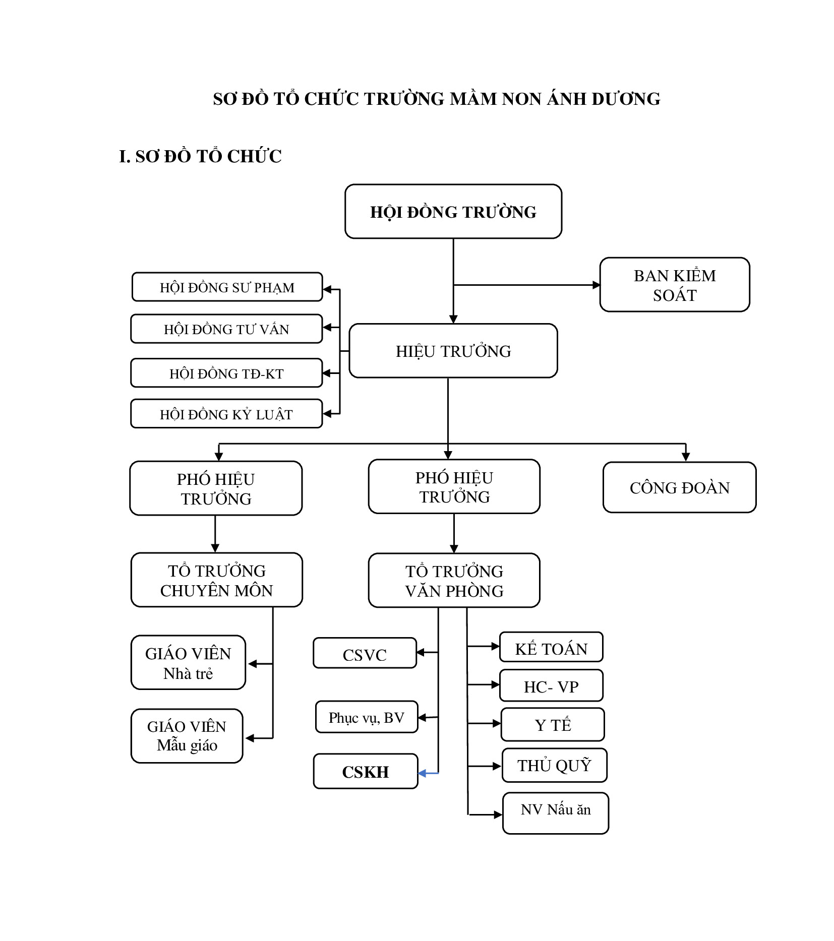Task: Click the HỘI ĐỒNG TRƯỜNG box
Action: pyautogui.click(x=453, y=211)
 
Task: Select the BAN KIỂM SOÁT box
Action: pyautogui.click(x=674, y=285)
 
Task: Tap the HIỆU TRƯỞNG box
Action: pyautogui.click(x=453, y=351)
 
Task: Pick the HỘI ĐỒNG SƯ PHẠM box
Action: pyautogui.click(x=227, y=287)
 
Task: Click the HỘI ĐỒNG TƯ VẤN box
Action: pyautogui.click(x=226, y=329)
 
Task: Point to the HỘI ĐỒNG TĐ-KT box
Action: pyautogui.click(x=226, y=373)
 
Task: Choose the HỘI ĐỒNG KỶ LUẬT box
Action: pyautogui.click(x=226, y=414)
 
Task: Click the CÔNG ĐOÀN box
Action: pyautogui.click(x=679, y=487)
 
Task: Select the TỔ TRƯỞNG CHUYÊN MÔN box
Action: pyautogui.click(x=216, y=580)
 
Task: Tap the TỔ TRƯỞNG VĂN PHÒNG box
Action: pyautogui.click(x=454, y=581)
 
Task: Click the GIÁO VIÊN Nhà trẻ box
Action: pyautogui.click(x=188, y=662)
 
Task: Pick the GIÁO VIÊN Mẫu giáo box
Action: pyautogui.click(x=187, y=736)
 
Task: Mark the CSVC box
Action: pyautogui.click(x=365, y=653)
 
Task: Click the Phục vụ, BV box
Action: pyautogui.click(x=367, y=717)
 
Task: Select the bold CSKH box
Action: pyautogui.click(x=366, y=771)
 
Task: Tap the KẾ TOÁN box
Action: pyautogui.click(x=551, y=647)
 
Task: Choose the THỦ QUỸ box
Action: pyautogui.click(x=554, y=765)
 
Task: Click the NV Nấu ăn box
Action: pyautogui.click(x=556, y=813)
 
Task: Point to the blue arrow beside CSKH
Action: pyautogui.click(x=429, y=773)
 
